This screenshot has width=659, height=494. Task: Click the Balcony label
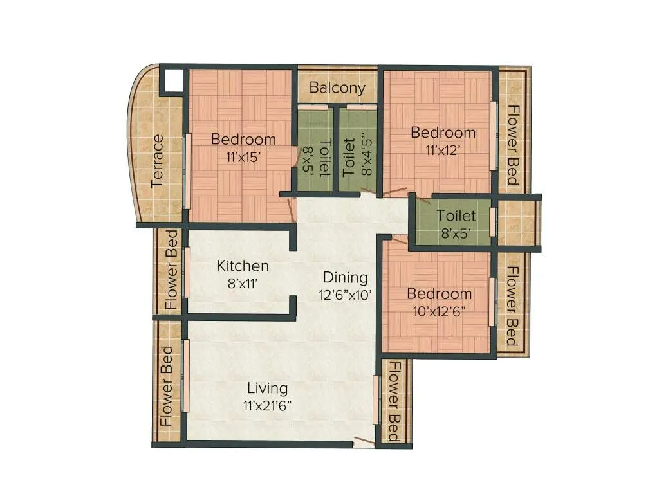pos(337,88)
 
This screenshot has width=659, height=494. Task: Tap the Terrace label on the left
pos(158,161)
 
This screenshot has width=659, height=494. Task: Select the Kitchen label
pos(243,266)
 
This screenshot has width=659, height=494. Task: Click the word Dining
pos(346,278)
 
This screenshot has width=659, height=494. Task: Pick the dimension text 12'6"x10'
pos(346,295)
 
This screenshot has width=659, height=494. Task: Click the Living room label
pos(268,389)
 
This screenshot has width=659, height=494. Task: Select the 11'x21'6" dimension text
pos(268,405)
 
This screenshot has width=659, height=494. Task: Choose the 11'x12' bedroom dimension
pos(443,149)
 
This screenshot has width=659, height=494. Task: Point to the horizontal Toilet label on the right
pos(456,216)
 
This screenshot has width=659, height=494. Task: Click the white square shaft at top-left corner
pos(172,81)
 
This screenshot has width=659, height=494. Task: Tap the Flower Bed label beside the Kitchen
pos(171,270)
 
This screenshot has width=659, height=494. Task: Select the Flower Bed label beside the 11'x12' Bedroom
pos(513,145)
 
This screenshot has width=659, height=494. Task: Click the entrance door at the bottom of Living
pos(364,443)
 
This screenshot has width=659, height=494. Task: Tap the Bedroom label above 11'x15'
pos(243,139)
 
